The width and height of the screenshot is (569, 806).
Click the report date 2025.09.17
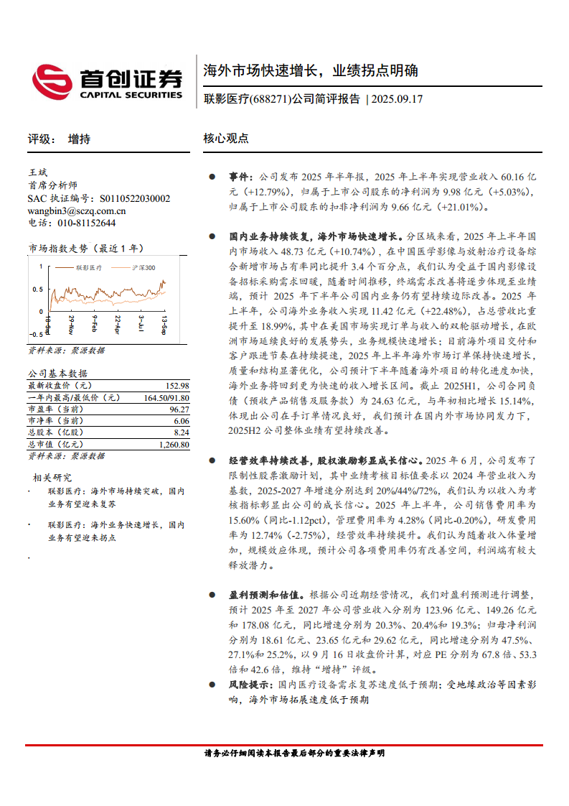point(398,99)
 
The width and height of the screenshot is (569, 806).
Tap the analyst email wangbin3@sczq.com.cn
point(76,210)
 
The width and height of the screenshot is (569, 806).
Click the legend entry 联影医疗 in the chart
point(89,267)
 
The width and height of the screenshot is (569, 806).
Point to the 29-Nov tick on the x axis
point(71,325)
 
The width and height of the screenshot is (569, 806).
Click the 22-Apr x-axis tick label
point(118,325)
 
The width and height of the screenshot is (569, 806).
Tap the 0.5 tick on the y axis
point(37,289)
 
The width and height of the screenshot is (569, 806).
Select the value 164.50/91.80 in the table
point(166,397)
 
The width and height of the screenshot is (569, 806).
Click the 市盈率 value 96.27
point(179,409)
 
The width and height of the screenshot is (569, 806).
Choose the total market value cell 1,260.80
point(174,444)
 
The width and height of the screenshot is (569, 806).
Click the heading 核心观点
point(226,139)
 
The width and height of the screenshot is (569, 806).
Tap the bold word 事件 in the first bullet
point(241,176)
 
